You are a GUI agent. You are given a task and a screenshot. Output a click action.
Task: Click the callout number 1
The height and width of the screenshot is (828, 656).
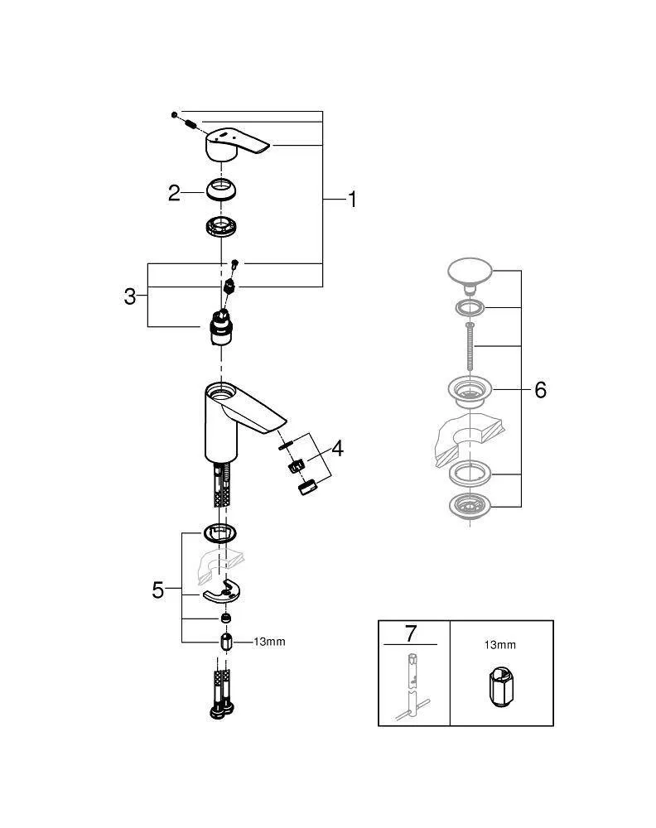pyautogui.click(x=352, y=200)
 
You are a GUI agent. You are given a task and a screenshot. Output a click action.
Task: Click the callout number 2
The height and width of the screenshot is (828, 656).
pyautogui.click(x=173, y=193)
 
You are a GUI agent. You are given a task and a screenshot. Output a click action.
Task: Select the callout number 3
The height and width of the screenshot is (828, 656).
pyautogui.click(x=130, y=296)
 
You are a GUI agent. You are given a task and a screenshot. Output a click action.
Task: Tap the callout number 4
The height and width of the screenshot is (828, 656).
pyautogui.click(x=337, y=449)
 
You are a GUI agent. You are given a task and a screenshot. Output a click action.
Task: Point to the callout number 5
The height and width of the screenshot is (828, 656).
pyautogui.click(x=157, y=590)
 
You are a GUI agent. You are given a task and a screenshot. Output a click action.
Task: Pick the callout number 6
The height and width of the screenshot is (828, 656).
pyautogui.click(x=540, y=389)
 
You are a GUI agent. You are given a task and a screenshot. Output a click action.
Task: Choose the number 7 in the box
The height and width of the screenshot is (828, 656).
pyautogui.click(x=409, y=634)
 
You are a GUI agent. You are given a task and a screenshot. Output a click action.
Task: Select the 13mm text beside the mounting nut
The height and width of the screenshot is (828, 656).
pyautogui.click(x=269, y=642)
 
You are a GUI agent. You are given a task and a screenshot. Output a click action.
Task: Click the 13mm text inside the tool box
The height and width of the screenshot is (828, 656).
pyautogui.click(x=501, y=643)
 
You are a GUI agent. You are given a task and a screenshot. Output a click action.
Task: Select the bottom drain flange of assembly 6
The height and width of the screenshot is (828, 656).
pyautogui.click(x=470, y=504)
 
